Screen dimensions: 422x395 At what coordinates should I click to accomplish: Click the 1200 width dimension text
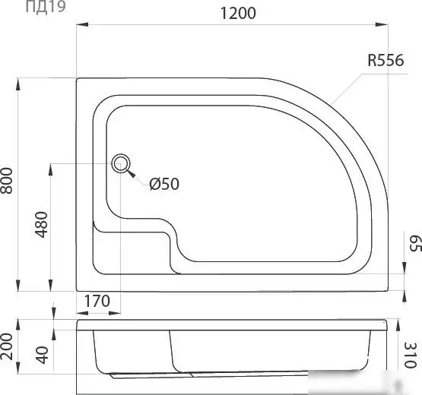(238, 13)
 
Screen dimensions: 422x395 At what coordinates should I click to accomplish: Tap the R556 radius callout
(386, 60)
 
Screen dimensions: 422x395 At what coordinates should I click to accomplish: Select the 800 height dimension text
(7, 181)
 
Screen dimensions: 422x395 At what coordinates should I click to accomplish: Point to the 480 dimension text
(42, 225)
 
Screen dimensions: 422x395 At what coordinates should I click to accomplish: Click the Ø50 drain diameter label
(164, 184)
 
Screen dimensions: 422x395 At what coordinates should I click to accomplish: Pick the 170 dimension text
(97, 301)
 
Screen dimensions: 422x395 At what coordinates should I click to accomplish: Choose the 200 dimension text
(7, 346)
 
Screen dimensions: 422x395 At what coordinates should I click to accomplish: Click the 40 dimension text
(43, 355)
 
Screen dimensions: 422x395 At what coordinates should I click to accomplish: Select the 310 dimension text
(411, 355)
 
